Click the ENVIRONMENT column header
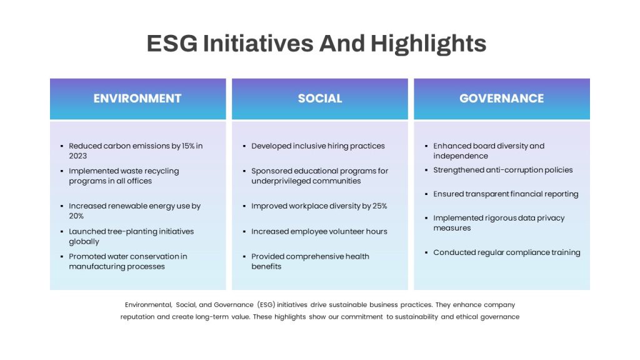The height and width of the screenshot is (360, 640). (137, 98)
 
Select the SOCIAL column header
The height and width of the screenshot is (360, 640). (320, 98)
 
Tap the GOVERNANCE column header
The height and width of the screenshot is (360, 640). (502, 98)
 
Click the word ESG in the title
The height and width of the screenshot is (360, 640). (172, 43)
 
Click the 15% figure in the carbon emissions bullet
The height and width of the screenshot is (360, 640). (188, 146)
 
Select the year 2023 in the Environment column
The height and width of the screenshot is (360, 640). (77, 156)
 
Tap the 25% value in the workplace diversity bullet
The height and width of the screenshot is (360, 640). (379, 206)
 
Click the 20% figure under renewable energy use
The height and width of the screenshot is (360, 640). (76, 216)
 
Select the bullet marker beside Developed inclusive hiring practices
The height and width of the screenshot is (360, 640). (244, 146)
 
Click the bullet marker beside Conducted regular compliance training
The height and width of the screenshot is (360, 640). (426, 252)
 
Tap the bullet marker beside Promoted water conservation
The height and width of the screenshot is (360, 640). (62, 257)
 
